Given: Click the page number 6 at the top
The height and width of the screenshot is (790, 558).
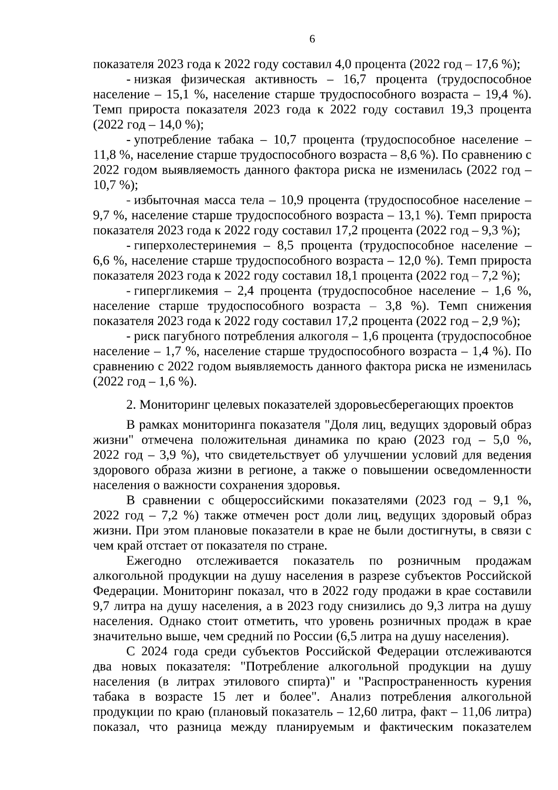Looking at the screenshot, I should pyautogui.click(x=312, y=39).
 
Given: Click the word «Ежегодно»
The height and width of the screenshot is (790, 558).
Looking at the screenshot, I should pyautogui.click(x=153, y=561).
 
